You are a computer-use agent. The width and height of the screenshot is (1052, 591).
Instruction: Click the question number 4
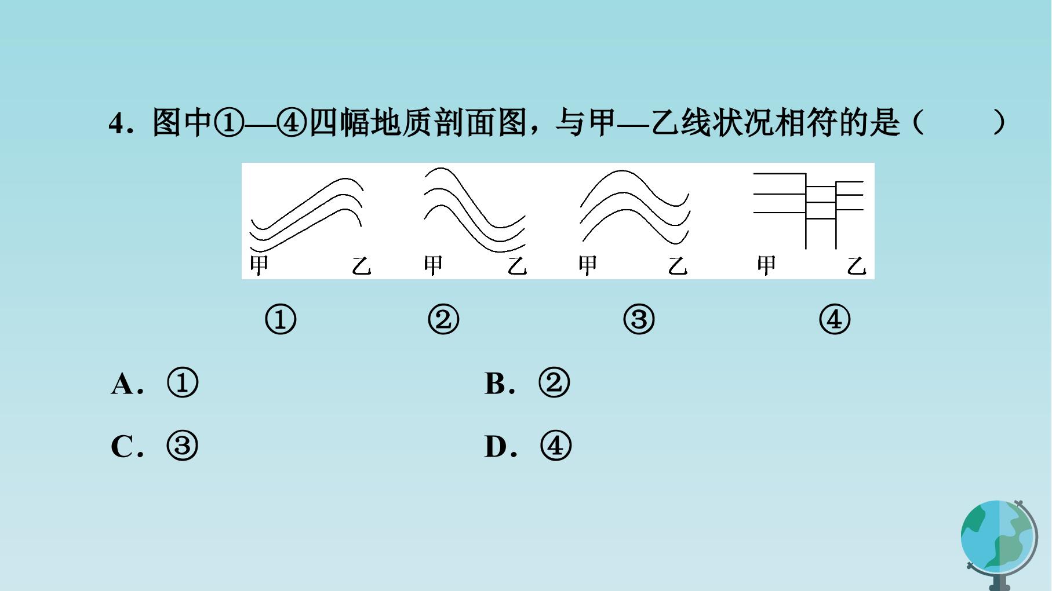click(x=117, y=123)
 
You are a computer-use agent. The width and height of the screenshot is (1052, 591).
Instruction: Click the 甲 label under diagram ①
click(x=259, y=265)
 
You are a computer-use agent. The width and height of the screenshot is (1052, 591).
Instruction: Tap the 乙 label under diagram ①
click(x=361, y=265)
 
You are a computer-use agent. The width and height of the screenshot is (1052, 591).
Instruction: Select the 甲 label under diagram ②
click(x=433, y=265)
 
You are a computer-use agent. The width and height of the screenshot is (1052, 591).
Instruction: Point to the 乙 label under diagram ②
click(x=517, y=265)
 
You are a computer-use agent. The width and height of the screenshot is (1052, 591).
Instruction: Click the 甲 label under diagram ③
click(x=588, y=265)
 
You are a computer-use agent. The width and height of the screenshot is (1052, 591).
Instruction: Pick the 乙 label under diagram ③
click(x=678, y=265)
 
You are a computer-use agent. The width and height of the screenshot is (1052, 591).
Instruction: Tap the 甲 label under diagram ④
click(x=766, y=265)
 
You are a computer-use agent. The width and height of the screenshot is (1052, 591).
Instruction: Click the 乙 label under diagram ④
click(x=856, y=265)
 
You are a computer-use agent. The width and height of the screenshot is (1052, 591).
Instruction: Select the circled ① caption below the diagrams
click(x=281, y=320)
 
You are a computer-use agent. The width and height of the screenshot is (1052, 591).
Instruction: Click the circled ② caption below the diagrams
click(x=443, y=320)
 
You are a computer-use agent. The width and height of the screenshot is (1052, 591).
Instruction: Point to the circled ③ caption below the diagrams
click(x=639, y=320)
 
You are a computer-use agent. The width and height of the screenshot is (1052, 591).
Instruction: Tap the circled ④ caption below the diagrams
click(x=835, y=320)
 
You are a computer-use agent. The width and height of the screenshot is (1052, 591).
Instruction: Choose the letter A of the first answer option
click(x=122, y=384)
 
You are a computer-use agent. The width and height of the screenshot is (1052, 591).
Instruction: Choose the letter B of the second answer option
click(x=495, y=384)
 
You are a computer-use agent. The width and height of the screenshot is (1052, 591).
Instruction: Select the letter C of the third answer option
click(x=122, y=447)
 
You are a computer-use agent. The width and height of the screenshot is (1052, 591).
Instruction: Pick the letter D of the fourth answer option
click(x=496, y=447)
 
